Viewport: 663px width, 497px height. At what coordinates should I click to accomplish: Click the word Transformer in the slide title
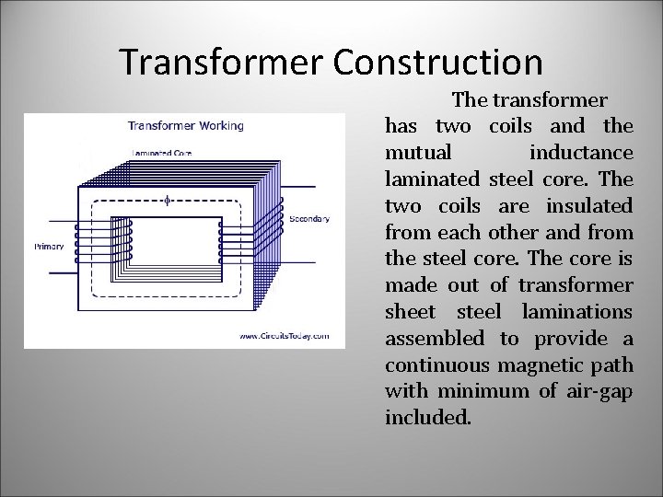click(x=224, y=62)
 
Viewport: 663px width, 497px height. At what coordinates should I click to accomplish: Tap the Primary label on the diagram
click(x=48, y=247)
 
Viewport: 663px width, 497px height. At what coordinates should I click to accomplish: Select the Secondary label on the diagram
click(x=309, y=219)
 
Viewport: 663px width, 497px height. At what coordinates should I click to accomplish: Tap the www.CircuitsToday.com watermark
click(x=284, y=337)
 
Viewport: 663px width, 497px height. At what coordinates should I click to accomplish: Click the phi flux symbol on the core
click(x=166, y=199)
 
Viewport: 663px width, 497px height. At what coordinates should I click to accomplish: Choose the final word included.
click(x=428, y=419)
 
